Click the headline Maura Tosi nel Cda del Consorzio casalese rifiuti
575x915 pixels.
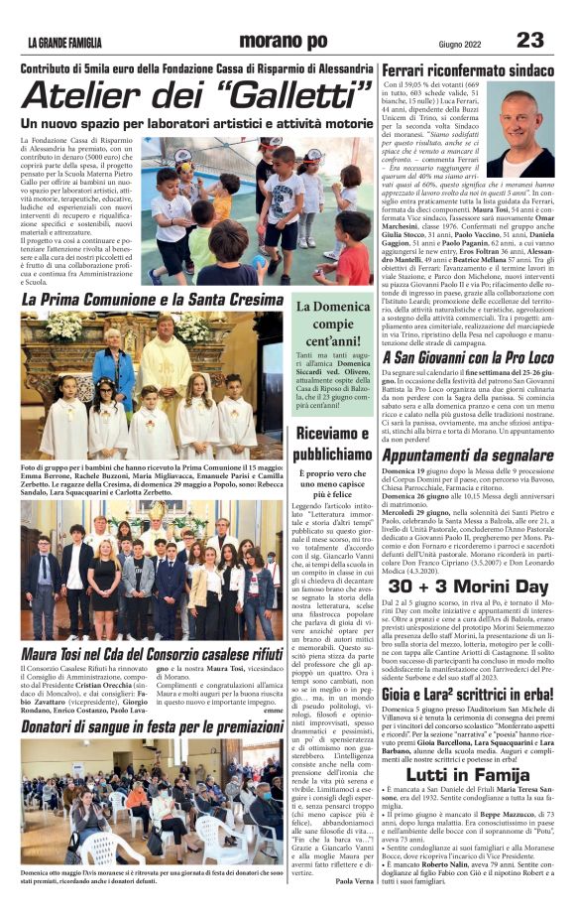coord(151,654)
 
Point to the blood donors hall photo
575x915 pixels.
coord(152,814)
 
